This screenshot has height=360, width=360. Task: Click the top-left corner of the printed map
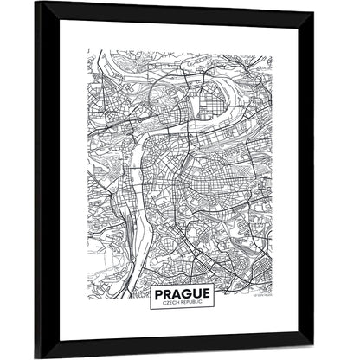pyautogui.click(x=88, y=51)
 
